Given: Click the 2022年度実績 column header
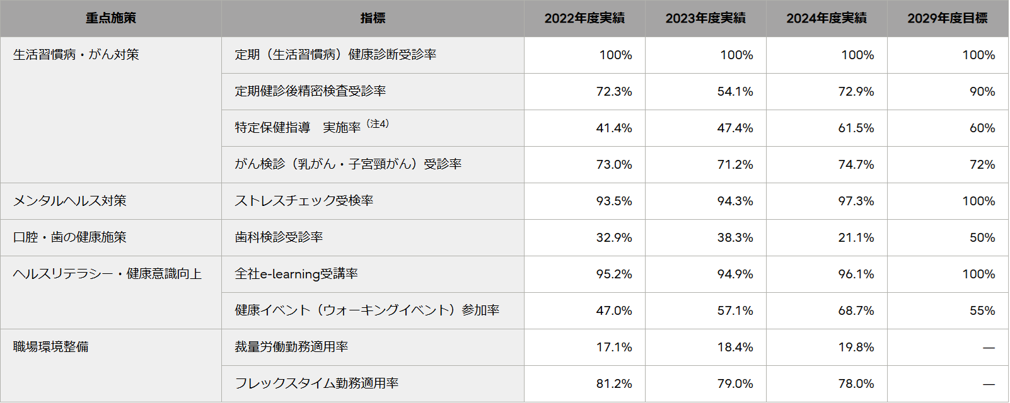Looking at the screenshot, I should [x=584, y=18].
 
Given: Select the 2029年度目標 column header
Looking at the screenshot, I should [x=947, y=18].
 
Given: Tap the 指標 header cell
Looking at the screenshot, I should [x=373, y=18].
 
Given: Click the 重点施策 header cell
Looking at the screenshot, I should [x=111, y=18].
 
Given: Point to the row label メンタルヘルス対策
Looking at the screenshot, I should [x=70, y=201].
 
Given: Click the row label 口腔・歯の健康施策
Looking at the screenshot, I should [x=70, y=237].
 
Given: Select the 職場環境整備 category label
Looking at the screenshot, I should [x=51, y=347].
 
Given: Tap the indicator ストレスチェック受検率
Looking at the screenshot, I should [x=304, y=201].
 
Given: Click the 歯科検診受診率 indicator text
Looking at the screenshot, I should [x=279, y=237].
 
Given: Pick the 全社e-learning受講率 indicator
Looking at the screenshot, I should [x=296, y=274].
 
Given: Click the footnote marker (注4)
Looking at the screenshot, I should [x=378, y=124].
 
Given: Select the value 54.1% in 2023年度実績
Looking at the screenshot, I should [x=735, y=91].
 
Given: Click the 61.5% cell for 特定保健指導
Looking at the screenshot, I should [x=856, y=128].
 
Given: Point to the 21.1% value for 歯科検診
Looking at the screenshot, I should [x=856, y=237].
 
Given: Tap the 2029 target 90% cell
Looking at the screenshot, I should [x=982, y=91].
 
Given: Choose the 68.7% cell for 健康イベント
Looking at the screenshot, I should [x=856, y=310].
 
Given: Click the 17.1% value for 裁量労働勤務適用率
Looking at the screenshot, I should [x=614, y=347].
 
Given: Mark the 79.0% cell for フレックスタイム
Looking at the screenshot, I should [x=735, y=383].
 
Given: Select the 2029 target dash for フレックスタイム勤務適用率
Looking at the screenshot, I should [x=989, y=383].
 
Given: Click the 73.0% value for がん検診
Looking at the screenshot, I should [x=614, y=164].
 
